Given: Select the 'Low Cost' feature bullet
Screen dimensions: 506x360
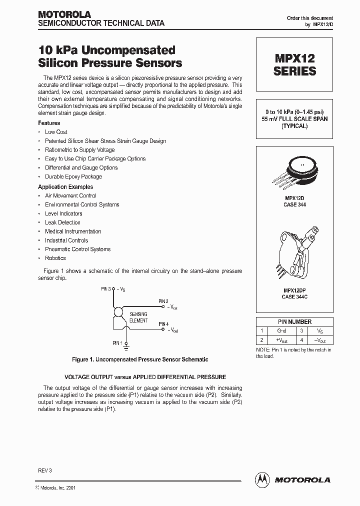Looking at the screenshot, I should [x=56, y=132].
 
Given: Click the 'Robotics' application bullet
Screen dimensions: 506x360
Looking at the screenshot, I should [x=55, y=258].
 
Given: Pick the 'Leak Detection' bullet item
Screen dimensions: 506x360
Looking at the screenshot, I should [x=62, y=222].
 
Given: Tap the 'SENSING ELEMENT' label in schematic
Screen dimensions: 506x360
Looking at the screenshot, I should [x=138, y=317].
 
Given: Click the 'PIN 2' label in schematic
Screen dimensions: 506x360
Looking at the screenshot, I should [x=163, y=301].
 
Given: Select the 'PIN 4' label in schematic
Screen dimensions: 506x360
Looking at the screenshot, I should [x=163, y=324].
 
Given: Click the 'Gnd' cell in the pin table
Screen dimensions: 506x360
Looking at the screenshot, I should [x=281, y=331].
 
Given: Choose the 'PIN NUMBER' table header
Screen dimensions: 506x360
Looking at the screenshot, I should [x=294, y=322].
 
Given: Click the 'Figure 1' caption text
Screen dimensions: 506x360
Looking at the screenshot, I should [x=140, y=359].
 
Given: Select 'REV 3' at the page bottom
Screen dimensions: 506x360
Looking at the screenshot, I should [x=45, y=470].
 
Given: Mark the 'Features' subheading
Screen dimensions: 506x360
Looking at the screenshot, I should [x=49, y=123].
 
